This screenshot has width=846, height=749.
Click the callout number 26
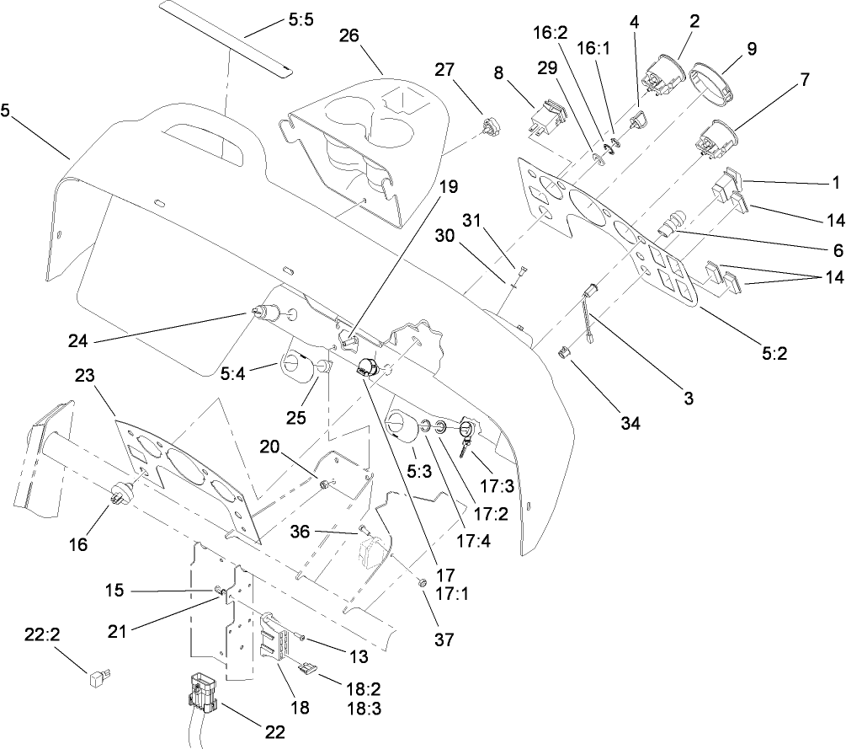349,35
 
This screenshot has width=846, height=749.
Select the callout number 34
631,423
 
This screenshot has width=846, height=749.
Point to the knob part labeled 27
487,127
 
